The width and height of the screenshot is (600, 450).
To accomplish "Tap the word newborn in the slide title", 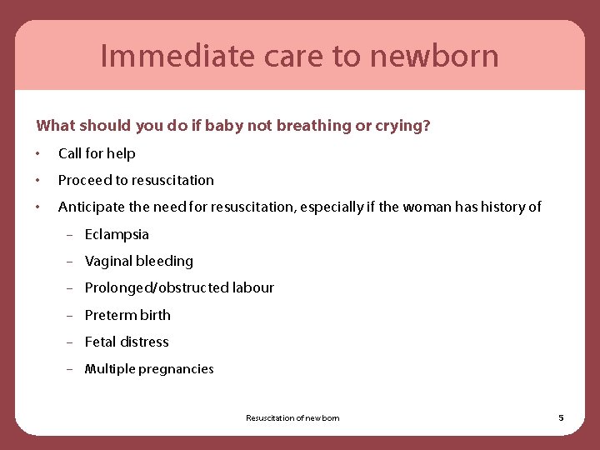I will coord(434,57).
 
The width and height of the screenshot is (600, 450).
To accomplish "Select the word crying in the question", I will coord(401,126).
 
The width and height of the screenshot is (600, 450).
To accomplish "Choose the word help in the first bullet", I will coord(120,153).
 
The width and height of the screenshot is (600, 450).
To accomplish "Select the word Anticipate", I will coord(92,207).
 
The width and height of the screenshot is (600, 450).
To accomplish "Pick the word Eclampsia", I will coord(117,234).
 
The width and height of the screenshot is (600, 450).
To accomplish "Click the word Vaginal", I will coord(108,261).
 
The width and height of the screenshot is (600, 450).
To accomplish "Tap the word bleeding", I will coord(164,261).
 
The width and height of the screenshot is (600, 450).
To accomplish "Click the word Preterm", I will coord(111,315).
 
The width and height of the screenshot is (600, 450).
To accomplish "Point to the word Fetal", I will coord(100,342).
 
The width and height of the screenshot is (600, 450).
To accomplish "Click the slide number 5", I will coord(561,417).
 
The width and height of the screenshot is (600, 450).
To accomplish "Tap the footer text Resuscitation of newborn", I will coord(292,418).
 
